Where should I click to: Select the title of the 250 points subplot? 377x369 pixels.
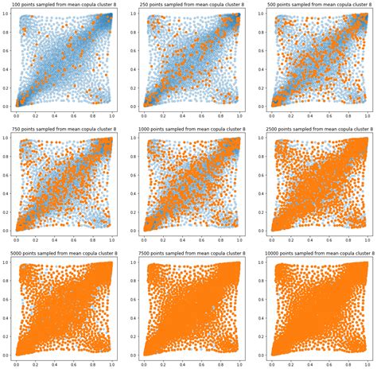click(191, 6)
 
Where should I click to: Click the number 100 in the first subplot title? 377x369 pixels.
click(17, 6)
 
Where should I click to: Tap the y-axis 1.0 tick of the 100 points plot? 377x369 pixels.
click(6, 15)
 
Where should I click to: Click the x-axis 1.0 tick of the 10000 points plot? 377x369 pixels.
click(368, 363)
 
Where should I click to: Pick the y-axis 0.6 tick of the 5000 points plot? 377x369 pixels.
click(6, 302)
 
